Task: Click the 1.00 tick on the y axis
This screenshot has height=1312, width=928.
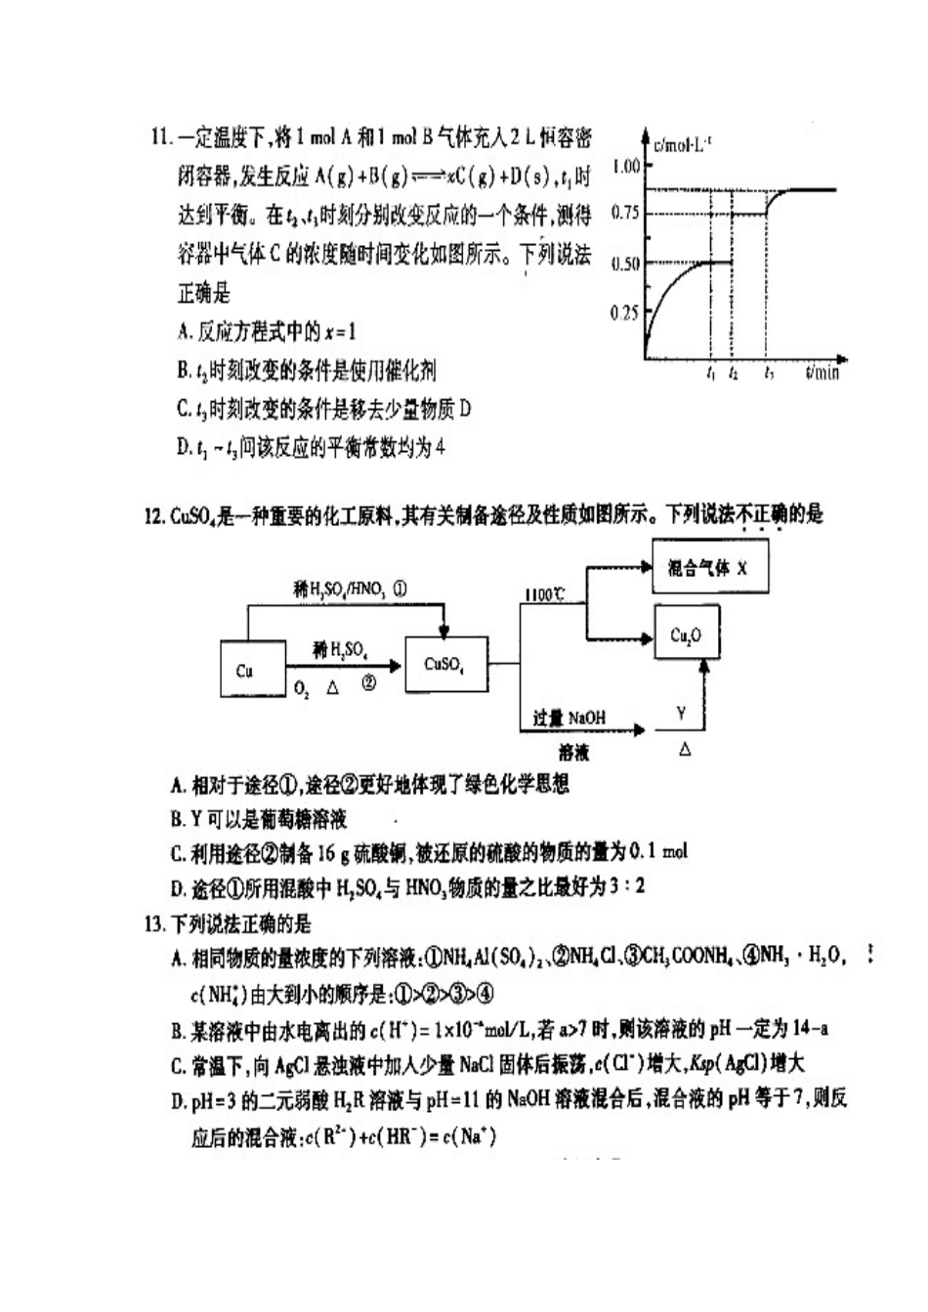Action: click(625, 166)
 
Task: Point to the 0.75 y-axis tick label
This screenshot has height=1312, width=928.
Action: click(625, 213)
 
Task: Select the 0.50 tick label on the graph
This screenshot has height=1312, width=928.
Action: click(625, 264)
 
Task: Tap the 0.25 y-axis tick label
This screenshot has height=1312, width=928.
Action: click(624, 312)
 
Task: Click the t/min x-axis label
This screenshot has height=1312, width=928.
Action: click(823, 373)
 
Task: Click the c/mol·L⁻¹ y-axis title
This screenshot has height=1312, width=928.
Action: click(683, 144)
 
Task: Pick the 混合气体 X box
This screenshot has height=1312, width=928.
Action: click(708, 567)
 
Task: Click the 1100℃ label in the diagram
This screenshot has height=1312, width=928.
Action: click(544, 594)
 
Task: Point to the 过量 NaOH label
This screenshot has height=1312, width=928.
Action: click(569, 717)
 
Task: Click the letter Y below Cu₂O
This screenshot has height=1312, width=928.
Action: click(681, 714)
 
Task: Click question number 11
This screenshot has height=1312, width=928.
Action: click(161, 137)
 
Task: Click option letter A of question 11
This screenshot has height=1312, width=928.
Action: click(184, 332)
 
